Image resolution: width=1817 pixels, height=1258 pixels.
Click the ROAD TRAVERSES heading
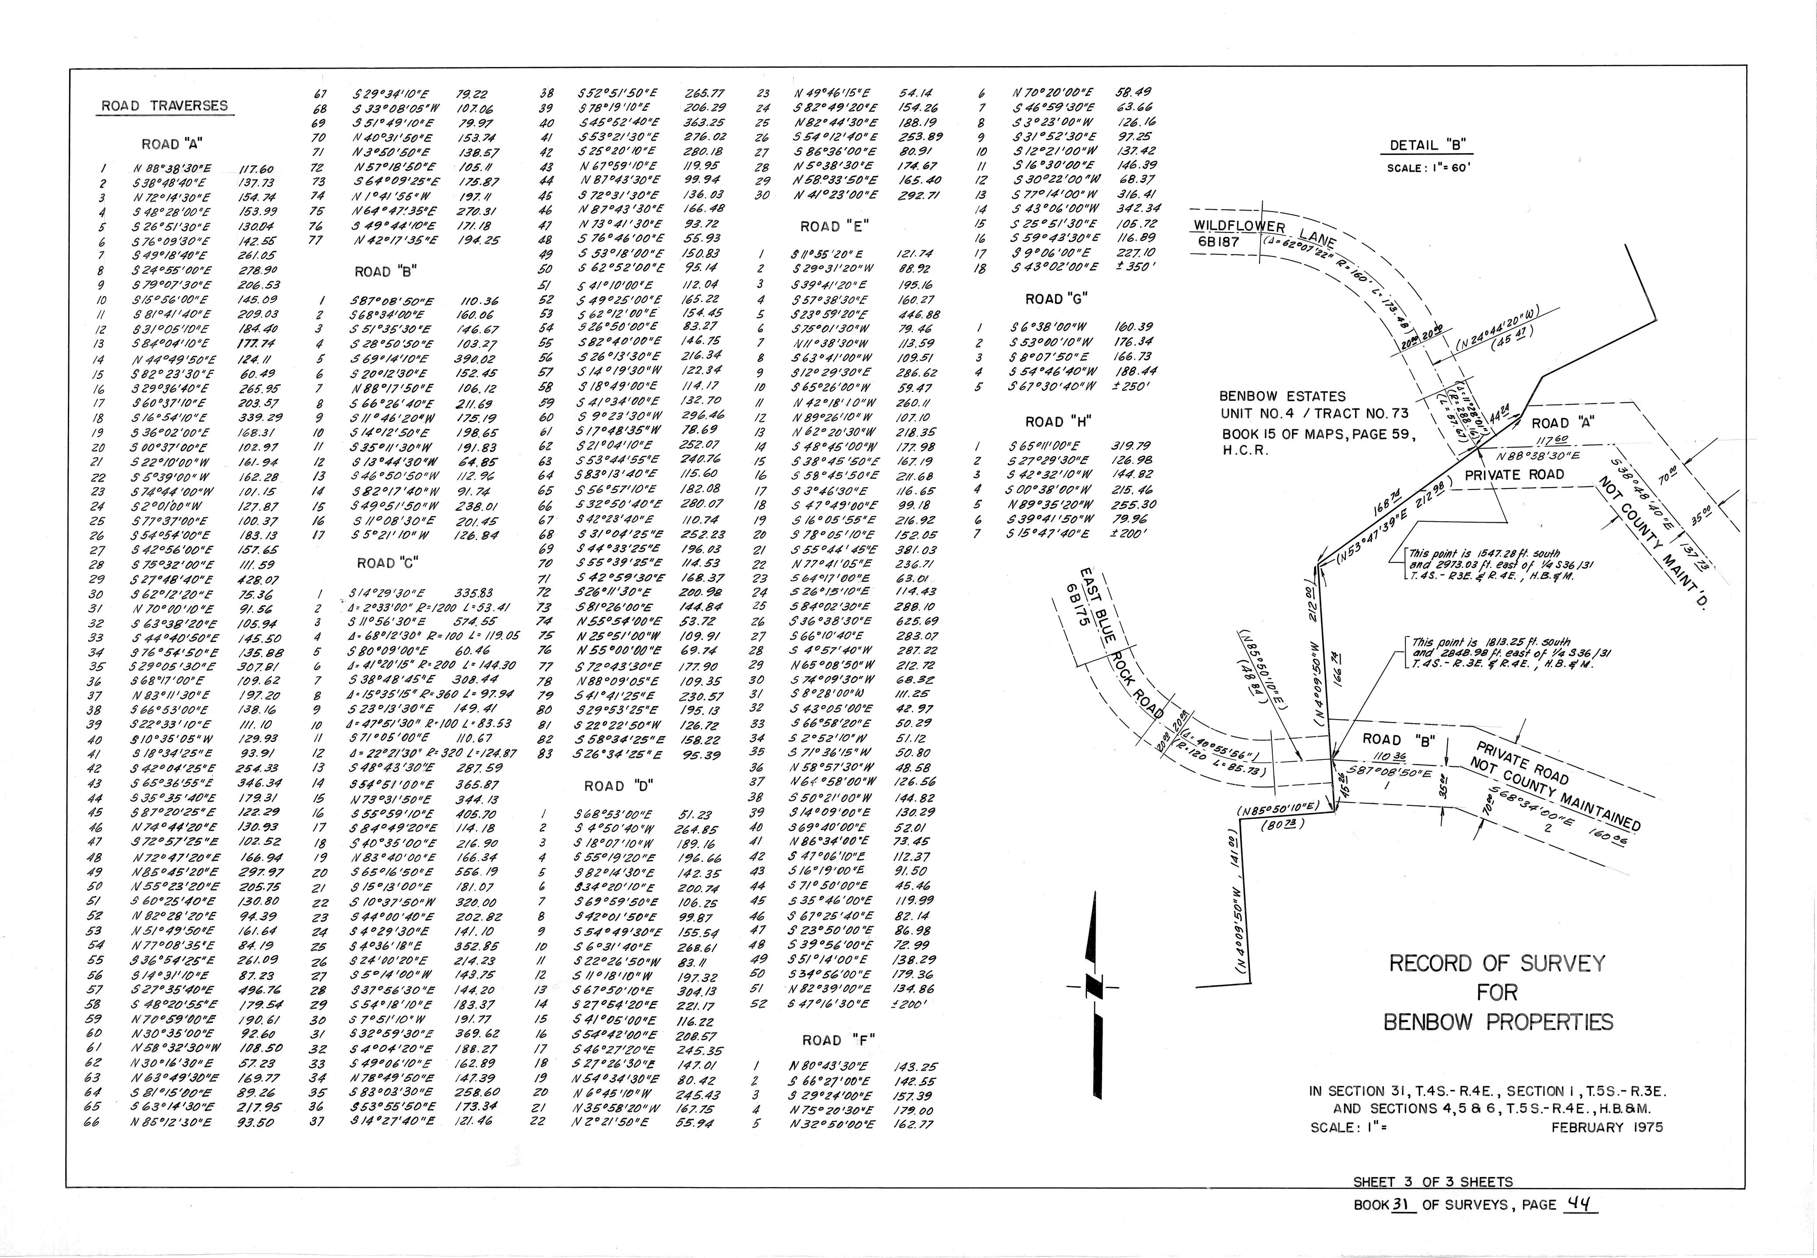pos(164,105)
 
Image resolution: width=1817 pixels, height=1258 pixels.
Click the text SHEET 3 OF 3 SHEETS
pos(1432,1182)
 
